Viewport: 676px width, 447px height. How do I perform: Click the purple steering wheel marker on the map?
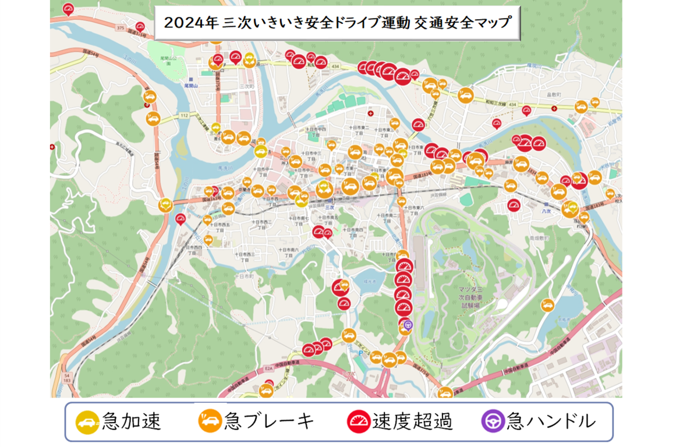click(x=408, y=325)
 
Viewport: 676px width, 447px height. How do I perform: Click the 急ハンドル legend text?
click(x=551, y=421)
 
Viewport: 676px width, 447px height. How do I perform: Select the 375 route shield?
click(x=121, y=27)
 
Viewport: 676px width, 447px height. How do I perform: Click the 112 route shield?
click(x=185, y=115)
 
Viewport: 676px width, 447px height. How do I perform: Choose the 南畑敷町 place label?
click(x=539, y=238)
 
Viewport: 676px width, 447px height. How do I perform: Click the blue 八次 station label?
click(x=546, y=212)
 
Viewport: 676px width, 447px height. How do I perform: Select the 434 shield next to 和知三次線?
click(x=512, y=104)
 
